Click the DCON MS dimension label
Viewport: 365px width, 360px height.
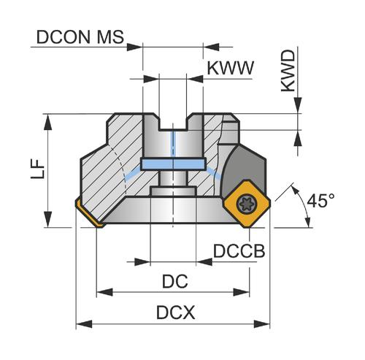pos(80,37)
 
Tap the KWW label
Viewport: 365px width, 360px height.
pos(230,68)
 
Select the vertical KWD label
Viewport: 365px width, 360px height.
pos(288,71)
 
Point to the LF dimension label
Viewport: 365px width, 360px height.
pos(38,169)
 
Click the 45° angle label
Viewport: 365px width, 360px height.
pos(320,201)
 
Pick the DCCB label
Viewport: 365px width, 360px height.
pos(239,251)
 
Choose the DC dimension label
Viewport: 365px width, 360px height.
pos(175,281)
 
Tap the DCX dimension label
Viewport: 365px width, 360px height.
pos(176,313)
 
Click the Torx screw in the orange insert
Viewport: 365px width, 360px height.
pos(246,204)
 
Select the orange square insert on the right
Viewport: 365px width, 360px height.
pos(247,204)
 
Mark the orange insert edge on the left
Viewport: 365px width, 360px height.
pos(89,213)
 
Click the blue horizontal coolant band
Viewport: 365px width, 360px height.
pos(173,164)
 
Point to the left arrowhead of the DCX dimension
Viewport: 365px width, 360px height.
pos(84,324)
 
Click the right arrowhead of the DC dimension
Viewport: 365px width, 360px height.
pos(242,292)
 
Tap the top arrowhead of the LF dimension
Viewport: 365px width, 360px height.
pos(48,122)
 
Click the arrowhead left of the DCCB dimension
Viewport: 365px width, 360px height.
pos(142,262)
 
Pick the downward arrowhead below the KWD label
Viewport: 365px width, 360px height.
pos(298,105)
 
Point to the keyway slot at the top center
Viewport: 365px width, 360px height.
pos(172,122)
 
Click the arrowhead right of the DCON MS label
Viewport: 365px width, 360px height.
pos(135,47)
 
